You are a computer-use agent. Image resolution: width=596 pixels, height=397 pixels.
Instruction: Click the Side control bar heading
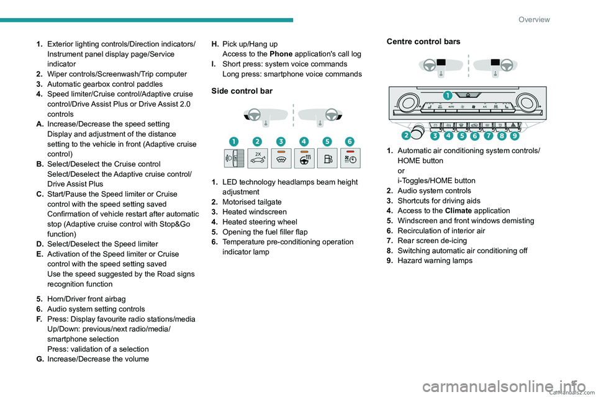pos(242,91)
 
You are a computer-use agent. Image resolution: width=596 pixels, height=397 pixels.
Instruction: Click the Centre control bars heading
pos(423,42)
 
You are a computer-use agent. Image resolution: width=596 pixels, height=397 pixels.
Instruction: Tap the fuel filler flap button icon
pos(327,158)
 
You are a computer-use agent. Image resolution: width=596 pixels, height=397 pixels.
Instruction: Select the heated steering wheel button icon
pos(304,158)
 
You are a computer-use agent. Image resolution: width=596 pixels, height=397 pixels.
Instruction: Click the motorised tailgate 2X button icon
pos(257,158)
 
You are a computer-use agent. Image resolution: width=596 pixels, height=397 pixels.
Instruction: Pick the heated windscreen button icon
pos(281,158)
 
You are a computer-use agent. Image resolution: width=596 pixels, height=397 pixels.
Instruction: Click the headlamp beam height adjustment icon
pos(234,158)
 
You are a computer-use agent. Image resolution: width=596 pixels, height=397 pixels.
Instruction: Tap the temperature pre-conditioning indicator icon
pos(350,158)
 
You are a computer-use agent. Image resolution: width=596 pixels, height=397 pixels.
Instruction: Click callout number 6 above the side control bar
pos(350,141)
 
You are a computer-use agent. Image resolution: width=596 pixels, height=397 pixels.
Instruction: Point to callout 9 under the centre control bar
pos(515,136)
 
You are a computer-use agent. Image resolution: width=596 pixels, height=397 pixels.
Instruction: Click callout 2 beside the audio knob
pos(406,136)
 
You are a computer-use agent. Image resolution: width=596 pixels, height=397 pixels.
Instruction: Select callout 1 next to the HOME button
pos(448,96)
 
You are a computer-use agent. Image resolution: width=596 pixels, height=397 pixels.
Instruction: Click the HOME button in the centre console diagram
pos(467,95)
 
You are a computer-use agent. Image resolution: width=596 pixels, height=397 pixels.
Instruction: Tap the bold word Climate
pos(458,211)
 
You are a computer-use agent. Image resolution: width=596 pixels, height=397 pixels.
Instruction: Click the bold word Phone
pos(281,54)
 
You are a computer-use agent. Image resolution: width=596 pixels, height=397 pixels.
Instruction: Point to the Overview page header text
pos(534,19)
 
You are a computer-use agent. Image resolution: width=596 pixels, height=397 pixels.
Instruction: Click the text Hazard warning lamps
pos(435,261)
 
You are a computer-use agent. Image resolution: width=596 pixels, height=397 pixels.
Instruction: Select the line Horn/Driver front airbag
pos(86,299)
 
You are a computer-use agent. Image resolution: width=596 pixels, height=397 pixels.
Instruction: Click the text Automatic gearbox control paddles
pos(105,84)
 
